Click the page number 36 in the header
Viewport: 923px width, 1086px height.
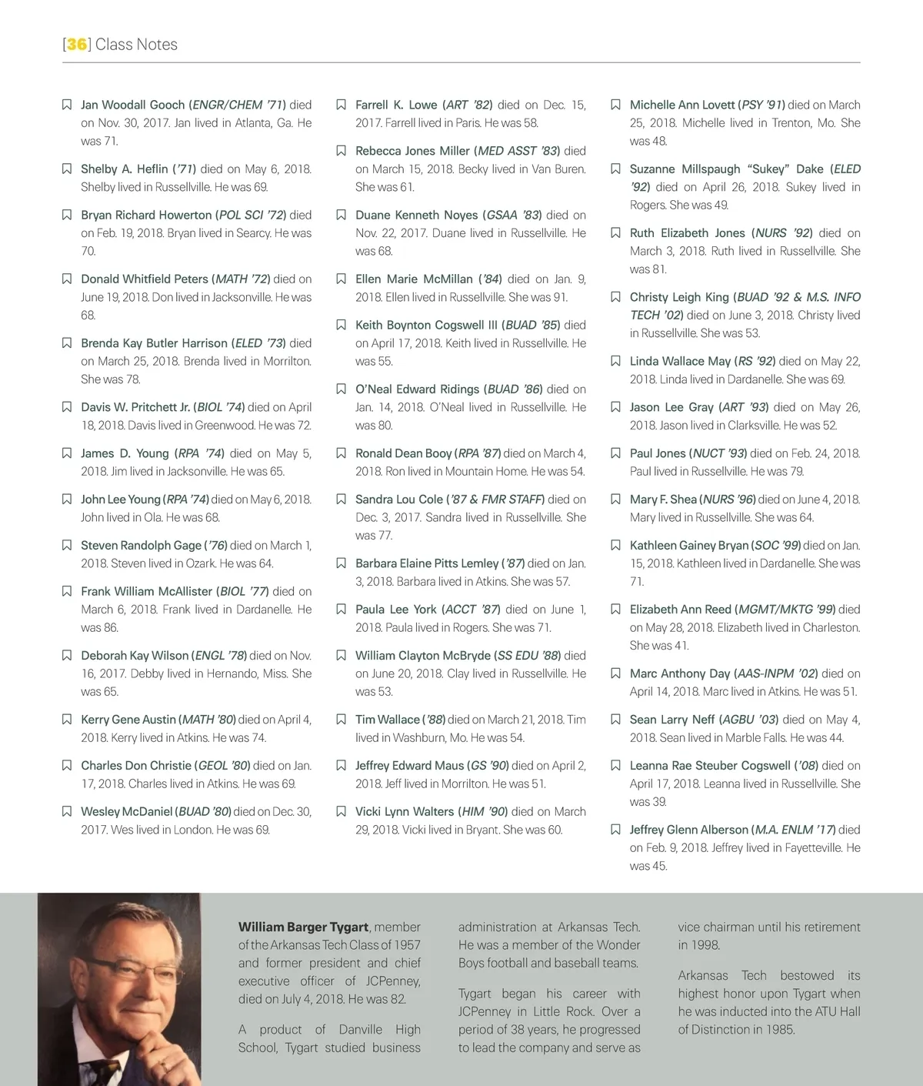click(x=76, y=45)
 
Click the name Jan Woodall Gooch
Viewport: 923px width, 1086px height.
click(x=132, y=105)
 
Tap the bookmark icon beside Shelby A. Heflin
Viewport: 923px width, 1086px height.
click(x=67, y=169)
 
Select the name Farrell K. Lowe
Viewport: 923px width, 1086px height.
click(x=396, y=105)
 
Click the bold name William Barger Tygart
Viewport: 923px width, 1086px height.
click(x=303, y=927)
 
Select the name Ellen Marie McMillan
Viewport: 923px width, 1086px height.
click(x=414, y=279)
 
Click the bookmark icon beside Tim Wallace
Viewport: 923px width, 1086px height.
click(x=342, y=720)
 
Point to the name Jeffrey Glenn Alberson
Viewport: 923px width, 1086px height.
click(x=688, y=830)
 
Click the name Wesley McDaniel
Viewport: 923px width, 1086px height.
click(x=126, y=811)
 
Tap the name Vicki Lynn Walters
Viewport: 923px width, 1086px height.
click(x=404, y=811)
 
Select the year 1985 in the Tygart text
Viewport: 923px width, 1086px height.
click(x=779, y=1029)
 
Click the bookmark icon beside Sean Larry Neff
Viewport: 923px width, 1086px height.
click(x=615, y=720)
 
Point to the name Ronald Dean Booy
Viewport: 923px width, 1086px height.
click(x=403, y=453)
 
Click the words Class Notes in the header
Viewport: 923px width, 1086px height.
click(x=136, y=45)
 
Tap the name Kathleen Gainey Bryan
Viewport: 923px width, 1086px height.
click(x=688, y=545)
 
